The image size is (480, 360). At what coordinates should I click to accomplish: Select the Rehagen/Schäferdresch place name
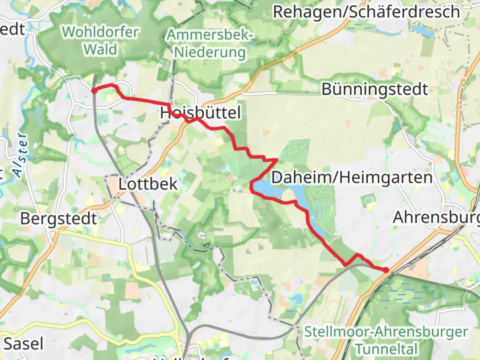366,12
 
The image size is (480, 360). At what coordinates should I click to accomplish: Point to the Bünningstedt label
374,89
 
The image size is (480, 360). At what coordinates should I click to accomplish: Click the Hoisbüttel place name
200,113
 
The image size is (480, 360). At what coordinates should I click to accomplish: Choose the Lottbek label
148,184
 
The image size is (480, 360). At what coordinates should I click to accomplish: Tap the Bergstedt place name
59,219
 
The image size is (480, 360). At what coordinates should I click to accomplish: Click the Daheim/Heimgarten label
352,177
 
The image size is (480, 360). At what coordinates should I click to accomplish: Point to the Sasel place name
23,344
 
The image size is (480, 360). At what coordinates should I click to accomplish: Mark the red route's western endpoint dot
94,91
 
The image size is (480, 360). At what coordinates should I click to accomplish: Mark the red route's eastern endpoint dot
386,270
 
